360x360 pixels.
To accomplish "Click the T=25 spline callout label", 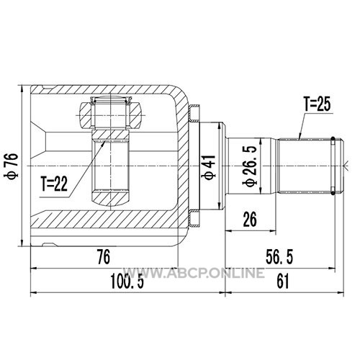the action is (x=317, y=104).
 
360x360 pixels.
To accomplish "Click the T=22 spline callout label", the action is (x=54, y=184).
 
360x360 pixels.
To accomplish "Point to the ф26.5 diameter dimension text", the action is (x=251, y=166).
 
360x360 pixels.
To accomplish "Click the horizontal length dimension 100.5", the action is (x=127, y=282).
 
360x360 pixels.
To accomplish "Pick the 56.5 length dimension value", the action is (x=279, y=257).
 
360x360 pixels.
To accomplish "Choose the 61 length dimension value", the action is (x=283, y=282).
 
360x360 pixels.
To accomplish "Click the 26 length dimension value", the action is (x=250, y=220).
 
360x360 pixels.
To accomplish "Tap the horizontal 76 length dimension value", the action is (x=104, y=257).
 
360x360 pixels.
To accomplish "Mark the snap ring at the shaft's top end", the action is (x=333, y=139).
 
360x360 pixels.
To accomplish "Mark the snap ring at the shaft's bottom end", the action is (x=333, y=193).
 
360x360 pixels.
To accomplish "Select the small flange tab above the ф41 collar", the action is (x=194, y=113).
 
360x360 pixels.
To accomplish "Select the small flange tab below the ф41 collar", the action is (x=194, y=218).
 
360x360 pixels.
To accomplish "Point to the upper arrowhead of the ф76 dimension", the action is (x=22, y=89).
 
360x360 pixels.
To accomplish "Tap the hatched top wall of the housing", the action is (x=103, y=90).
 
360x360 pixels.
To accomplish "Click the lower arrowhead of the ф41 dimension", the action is (x=219, y=206).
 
